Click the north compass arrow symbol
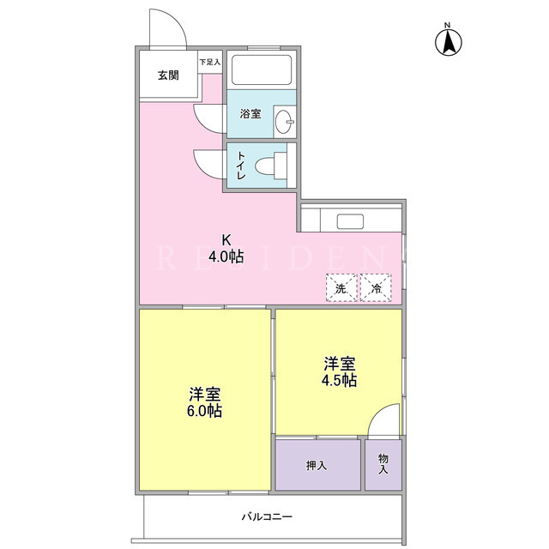point(448,42)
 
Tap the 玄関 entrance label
point(168,75)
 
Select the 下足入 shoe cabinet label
point(209,63)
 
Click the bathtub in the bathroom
point(262,69)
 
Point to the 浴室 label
point(250,114)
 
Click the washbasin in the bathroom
point(284,122)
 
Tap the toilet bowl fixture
point(269,166)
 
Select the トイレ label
point(241,166)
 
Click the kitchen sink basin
point(350,221)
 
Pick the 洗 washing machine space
point(341,288)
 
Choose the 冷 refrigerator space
point(376,288)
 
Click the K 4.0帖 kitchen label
point(226,249)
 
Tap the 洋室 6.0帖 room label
point(204,402)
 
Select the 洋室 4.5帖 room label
point(340,372)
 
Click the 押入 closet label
point(317,465)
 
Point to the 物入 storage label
point(383,464)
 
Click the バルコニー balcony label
point(267,516)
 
